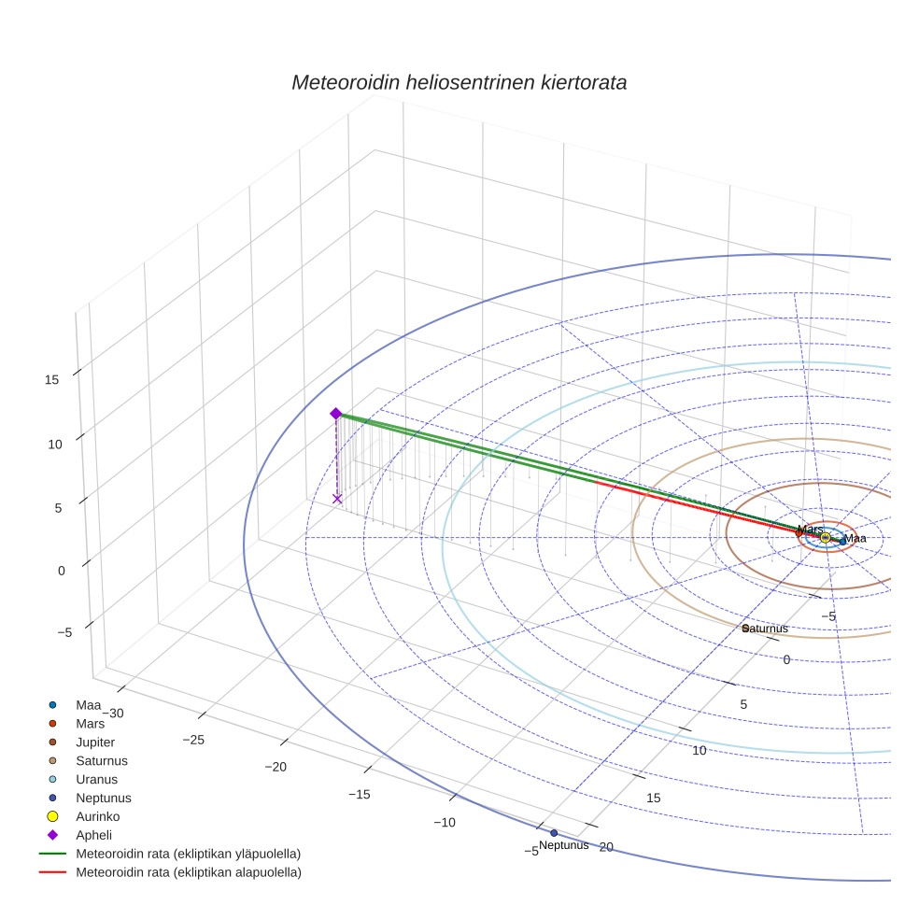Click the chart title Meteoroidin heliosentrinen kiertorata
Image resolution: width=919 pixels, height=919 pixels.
tap(459, 82)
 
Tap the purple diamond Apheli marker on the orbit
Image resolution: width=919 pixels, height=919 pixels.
tap(335, 414)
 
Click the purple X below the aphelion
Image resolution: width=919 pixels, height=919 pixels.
tap(337, 499)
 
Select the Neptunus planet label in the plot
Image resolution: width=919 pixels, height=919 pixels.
tap(563, 845)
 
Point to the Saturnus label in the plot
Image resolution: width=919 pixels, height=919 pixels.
tap(766, 629)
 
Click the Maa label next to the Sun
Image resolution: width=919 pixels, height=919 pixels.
tap(855, 539)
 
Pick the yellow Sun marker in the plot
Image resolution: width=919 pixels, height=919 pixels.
tap(825, 537)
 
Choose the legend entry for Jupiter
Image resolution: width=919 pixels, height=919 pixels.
tap(95, 742)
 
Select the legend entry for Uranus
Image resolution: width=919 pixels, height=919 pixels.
tap(96, 779)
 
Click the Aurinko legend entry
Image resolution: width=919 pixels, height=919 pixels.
tap(97, 816)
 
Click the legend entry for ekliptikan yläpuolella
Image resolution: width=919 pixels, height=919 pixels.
tap(188, 854)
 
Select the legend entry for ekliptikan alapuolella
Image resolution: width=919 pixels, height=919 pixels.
tap(188, 872)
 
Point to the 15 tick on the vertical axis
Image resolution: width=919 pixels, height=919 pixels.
tap(52, 379)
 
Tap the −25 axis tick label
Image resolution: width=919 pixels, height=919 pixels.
tap(193, 740)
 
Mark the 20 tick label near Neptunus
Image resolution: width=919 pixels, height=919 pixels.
tap(606, 847)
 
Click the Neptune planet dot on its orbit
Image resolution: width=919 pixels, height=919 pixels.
tap(554, 832)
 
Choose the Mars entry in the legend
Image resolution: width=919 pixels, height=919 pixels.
tap(90, 723)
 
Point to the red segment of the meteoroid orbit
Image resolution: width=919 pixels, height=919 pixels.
tap(691, 507)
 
